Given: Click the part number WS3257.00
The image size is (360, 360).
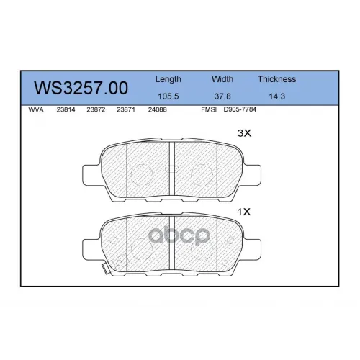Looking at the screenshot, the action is (81, 88).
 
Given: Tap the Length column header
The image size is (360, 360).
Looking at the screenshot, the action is (168, 79).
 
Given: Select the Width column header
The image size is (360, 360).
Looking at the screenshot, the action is (222, 79).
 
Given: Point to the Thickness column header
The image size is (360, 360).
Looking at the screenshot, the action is (276, 79).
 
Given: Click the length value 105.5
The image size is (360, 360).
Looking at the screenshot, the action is (168, 96).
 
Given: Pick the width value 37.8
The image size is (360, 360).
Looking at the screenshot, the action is (222, 96).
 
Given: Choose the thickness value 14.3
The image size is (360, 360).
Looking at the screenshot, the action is (277, 96).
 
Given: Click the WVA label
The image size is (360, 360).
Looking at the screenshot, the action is (36, 109).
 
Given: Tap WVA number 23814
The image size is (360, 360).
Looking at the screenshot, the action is (66, 109).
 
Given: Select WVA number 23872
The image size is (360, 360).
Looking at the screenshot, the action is (96, 109).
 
